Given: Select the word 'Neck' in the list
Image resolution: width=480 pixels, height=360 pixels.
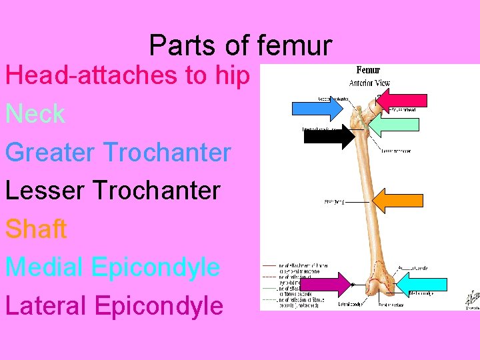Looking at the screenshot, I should tap(35, 114).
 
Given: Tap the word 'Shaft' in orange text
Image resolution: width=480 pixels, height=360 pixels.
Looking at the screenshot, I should tap(36, 229).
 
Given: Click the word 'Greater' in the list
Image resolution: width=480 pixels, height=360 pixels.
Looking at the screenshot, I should tap(50, 153).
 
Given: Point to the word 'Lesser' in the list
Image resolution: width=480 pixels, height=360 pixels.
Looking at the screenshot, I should tap(46, 191).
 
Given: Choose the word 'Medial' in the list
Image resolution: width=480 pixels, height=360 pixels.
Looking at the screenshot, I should tap(44, 267).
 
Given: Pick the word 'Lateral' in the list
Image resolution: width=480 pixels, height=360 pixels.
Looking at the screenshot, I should tap(45, 306).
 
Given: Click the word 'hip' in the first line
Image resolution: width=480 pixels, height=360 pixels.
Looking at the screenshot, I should tap(233, 76).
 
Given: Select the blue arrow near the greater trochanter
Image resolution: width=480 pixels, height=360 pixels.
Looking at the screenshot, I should tap(317, 109).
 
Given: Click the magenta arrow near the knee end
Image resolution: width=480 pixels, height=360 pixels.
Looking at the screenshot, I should tap(325, 285).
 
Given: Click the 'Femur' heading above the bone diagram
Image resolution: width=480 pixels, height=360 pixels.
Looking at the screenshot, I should tap(368, 69).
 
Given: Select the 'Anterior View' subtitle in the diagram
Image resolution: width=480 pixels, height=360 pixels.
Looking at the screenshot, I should tap(369, 83).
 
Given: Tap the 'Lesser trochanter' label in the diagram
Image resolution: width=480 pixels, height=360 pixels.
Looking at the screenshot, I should tap(396, 151).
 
